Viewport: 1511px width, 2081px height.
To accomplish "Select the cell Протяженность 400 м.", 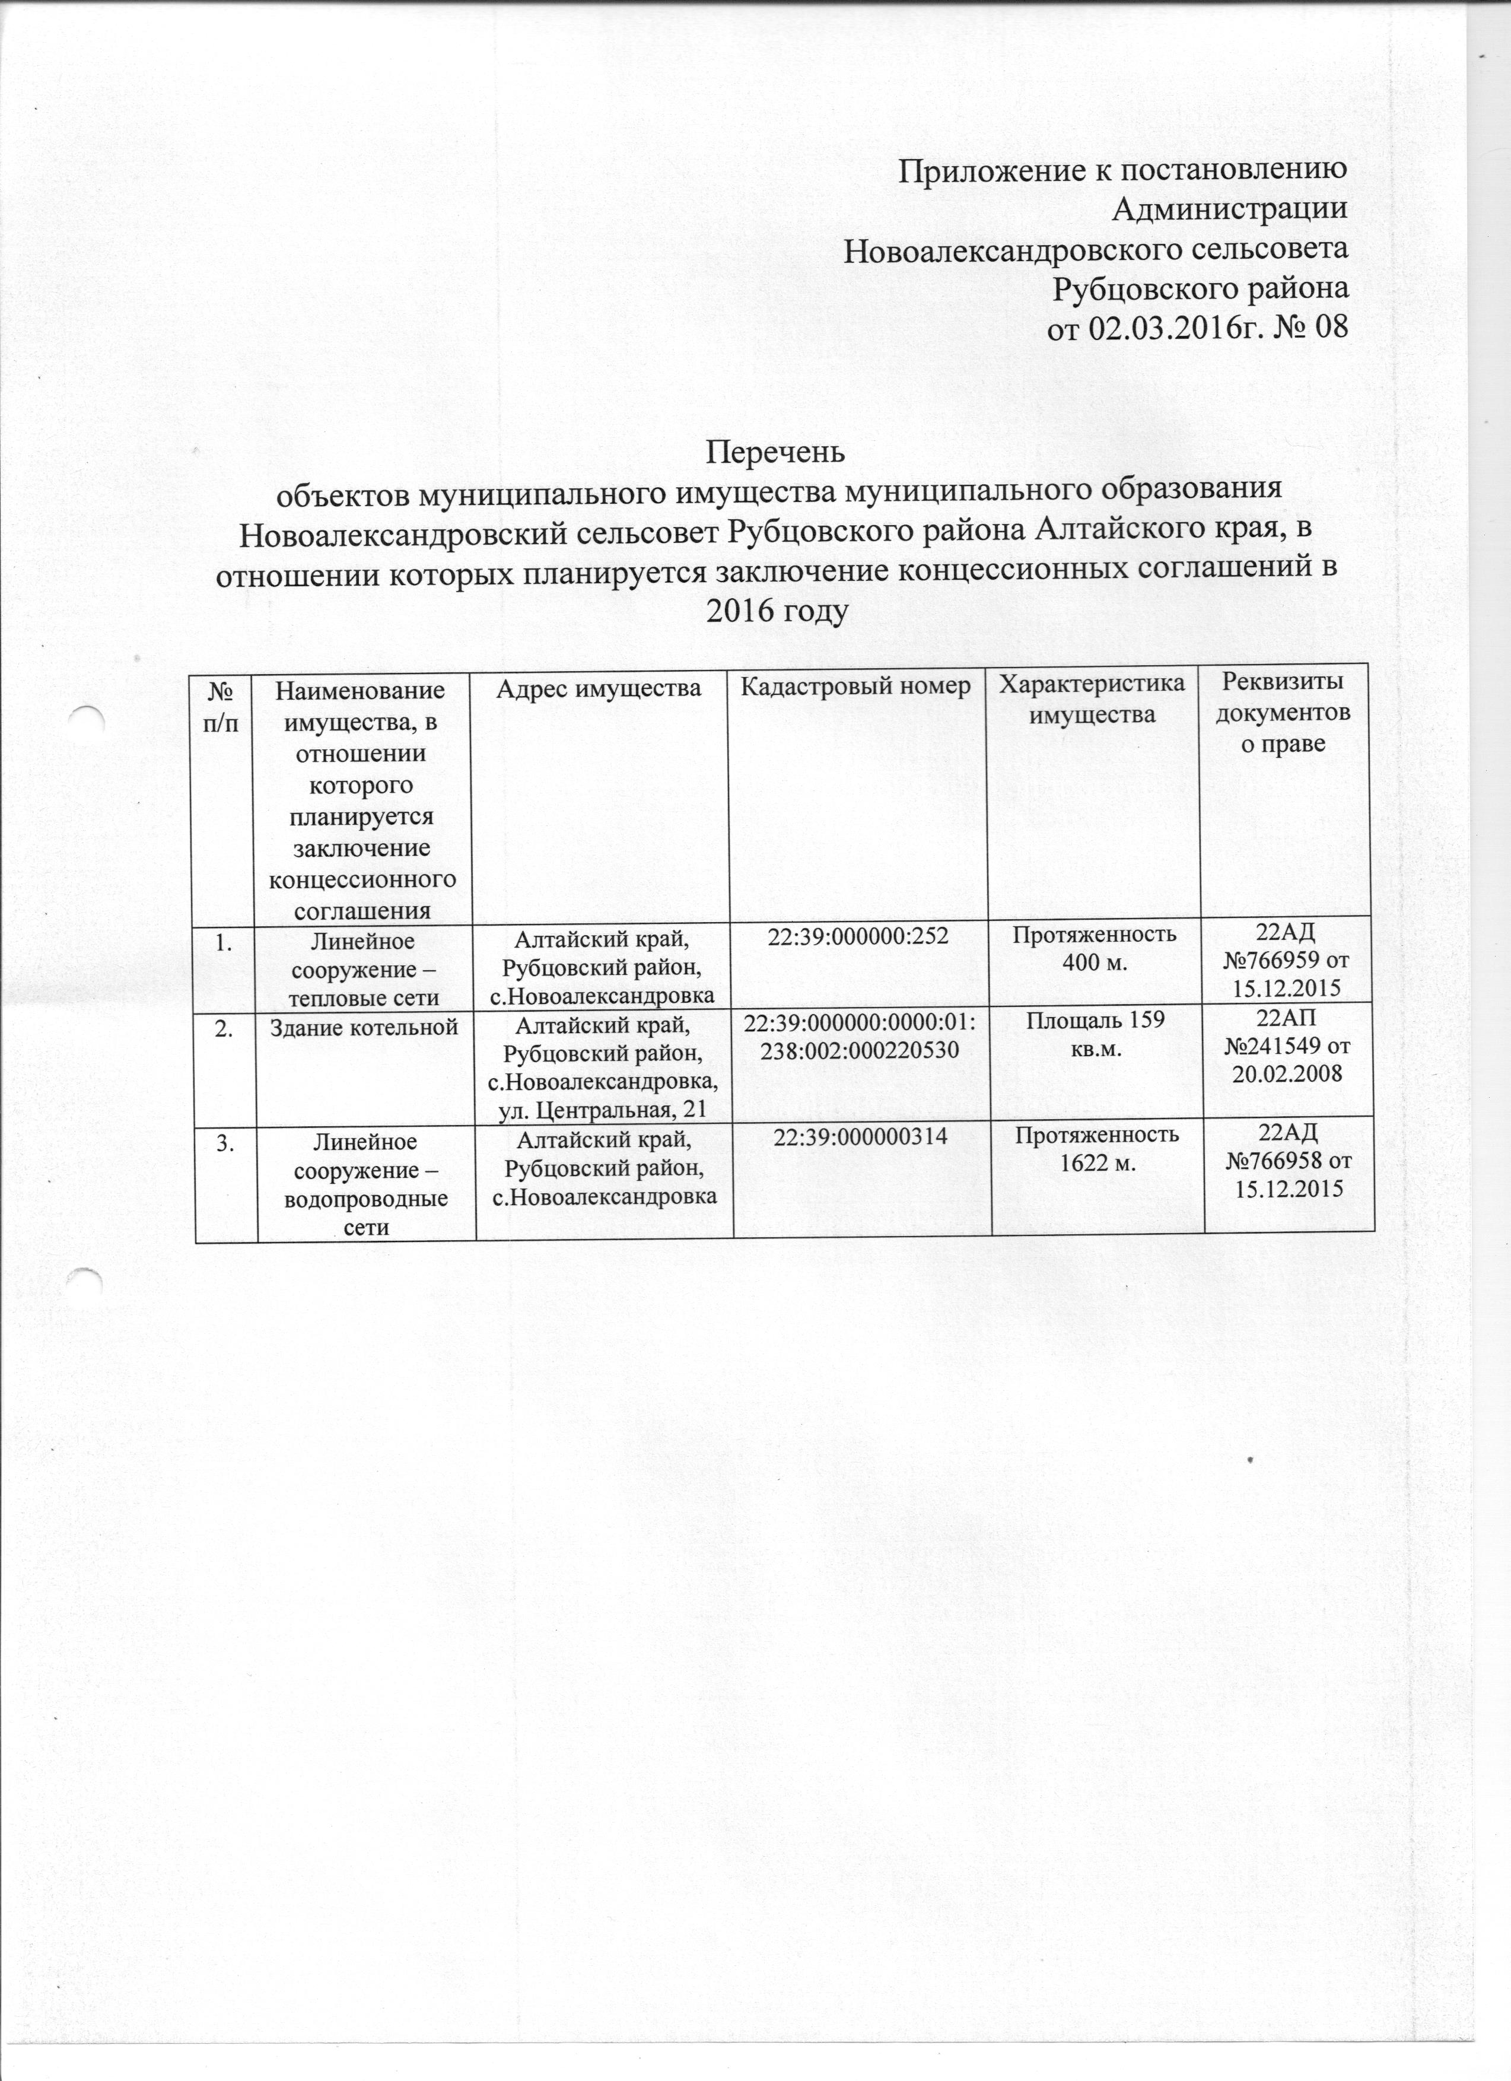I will coord(1091,949).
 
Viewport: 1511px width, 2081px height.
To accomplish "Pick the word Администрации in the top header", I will coord(1229,209).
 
